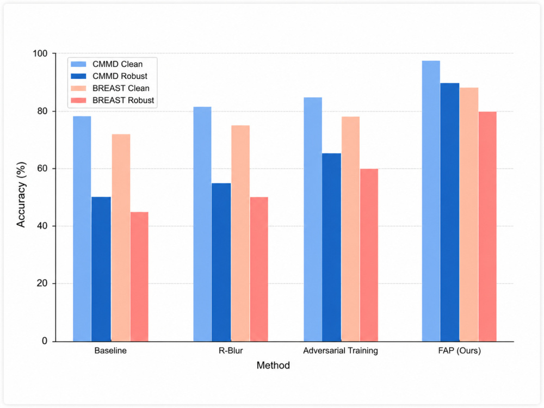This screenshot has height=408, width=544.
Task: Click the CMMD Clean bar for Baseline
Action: pos(82,228)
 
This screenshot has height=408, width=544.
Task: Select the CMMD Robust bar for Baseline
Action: pos(101,269)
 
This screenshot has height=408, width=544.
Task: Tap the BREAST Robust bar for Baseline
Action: pos(139,276)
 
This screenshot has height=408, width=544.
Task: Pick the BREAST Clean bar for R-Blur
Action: pos(240,233)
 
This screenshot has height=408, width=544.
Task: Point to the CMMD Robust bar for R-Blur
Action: pos(221,262)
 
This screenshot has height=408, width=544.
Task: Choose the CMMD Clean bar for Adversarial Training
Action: pos(313,219)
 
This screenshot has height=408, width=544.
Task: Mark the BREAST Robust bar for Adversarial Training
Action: pos(369,255)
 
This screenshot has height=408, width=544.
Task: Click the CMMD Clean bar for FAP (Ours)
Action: pos(431,201)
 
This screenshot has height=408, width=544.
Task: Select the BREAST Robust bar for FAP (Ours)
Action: pos(487,226)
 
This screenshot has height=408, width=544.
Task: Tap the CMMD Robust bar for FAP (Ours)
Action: pos(450,212)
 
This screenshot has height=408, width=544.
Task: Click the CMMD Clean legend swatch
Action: pos(78,64)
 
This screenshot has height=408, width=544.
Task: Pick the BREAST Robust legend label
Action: pos(123,100)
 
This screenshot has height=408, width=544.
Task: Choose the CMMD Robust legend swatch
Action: pos(78,76)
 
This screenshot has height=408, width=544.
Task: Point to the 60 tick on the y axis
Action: pos(54,169)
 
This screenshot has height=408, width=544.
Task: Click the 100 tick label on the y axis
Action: pos(40,53)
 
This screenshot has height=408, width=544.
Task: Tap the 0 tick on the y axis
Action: pos(54,342)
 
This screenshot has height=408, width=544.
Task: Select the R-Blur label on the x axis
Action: pos(231,350)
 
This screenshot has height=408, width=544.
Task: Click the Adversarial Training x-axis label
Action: pos(341,350)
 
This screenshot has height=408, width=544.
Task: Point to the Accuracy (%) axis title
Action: pos(21,195)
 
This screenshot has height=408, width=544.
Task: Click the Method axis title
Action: pos(274,366)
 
